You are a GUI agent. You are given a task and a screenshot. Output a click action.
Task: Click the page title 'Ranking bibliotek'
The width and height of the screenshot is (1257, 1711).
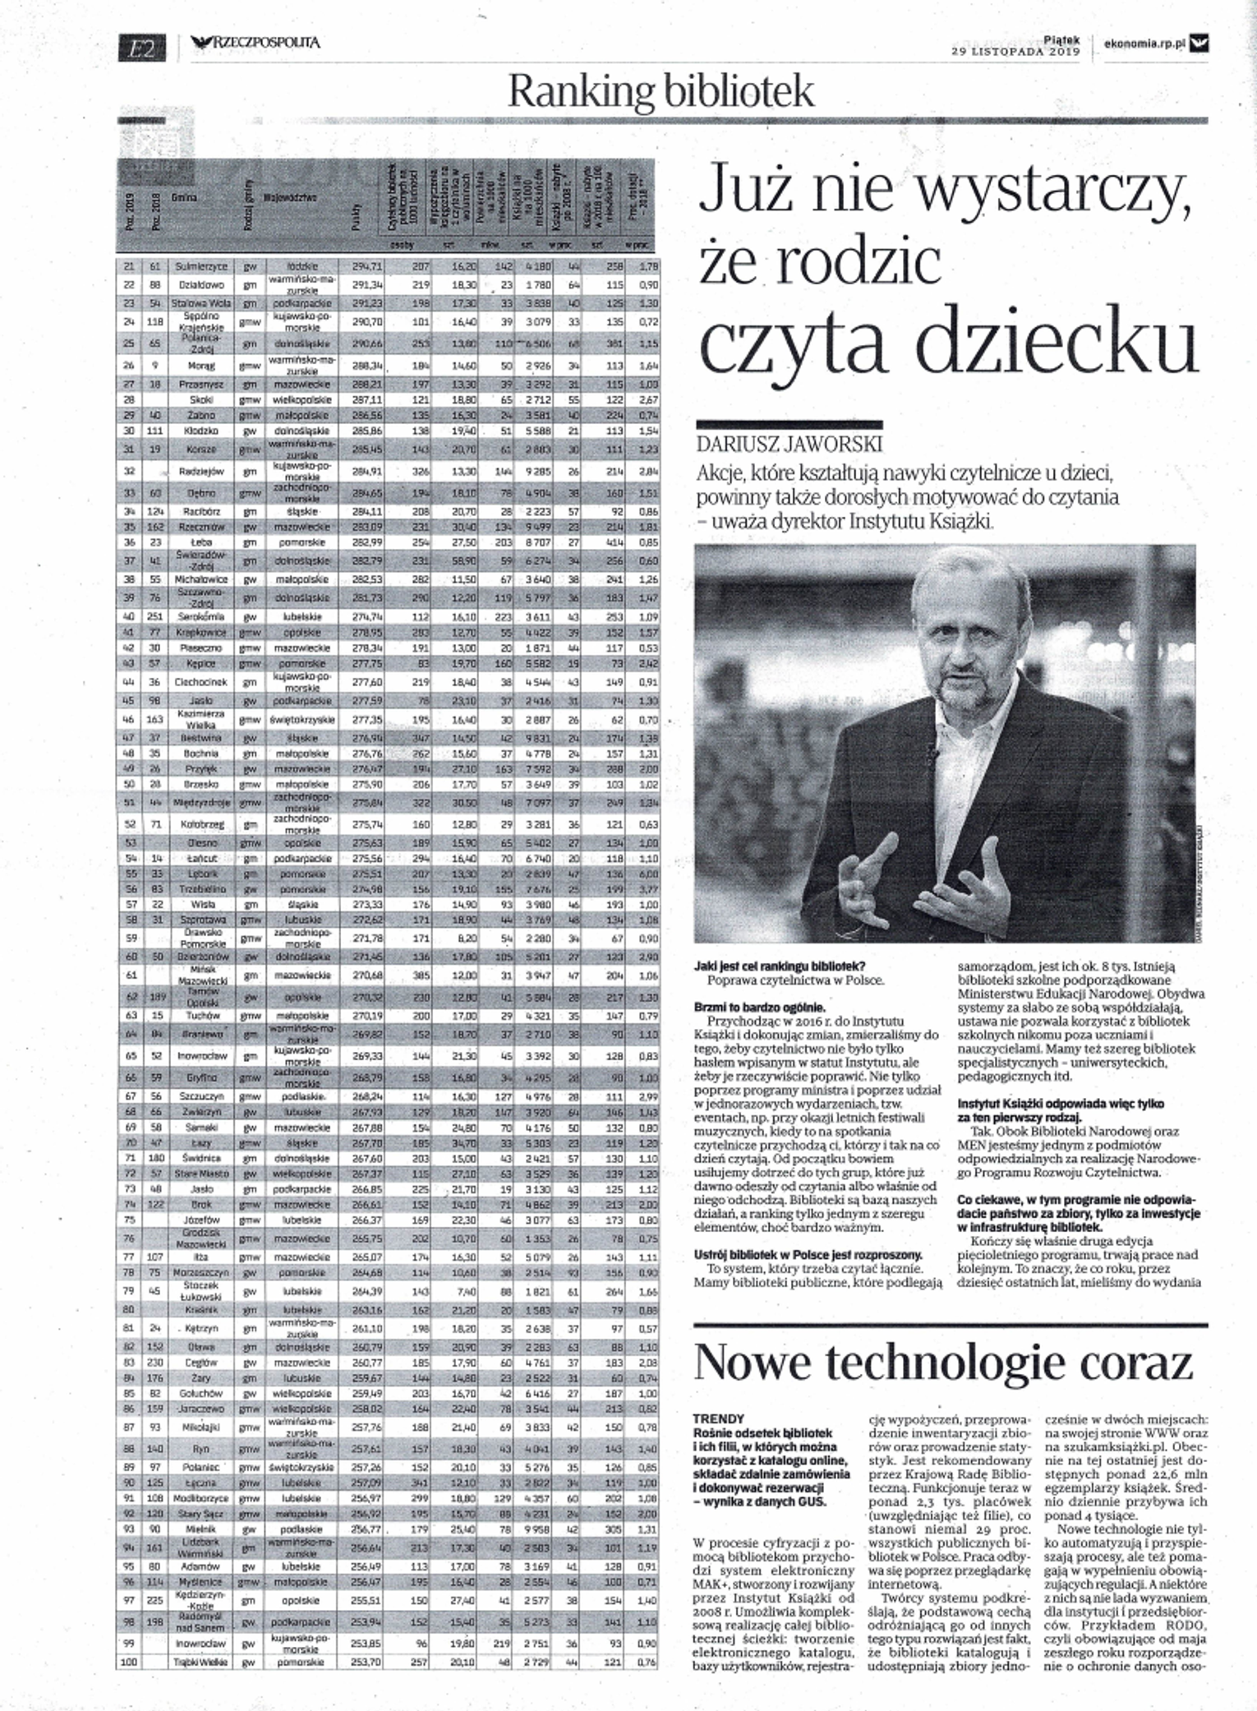661,92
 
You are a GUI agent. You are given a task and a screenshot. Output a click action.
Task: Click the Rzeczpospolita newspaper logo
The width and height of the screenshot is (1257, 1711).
256,44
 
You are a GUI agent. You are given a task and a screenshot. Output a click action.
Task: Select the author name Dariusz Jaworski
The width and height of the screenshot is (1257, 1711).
788,444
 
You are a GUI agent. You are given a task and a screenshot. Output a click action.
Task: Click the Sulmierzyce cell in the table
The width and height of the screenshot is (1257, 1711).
195,267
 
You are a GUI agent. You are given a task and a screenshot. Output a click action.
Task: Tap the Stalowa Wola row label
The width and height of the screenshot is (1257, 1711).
195,303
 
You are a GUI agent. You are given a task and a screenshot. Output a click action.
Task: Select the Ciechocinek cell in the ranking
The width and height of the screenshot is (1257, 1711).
195,681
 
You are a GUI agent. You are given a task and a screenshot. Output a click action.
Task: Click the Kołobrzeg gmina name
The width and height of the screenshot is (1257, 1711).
195,823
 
